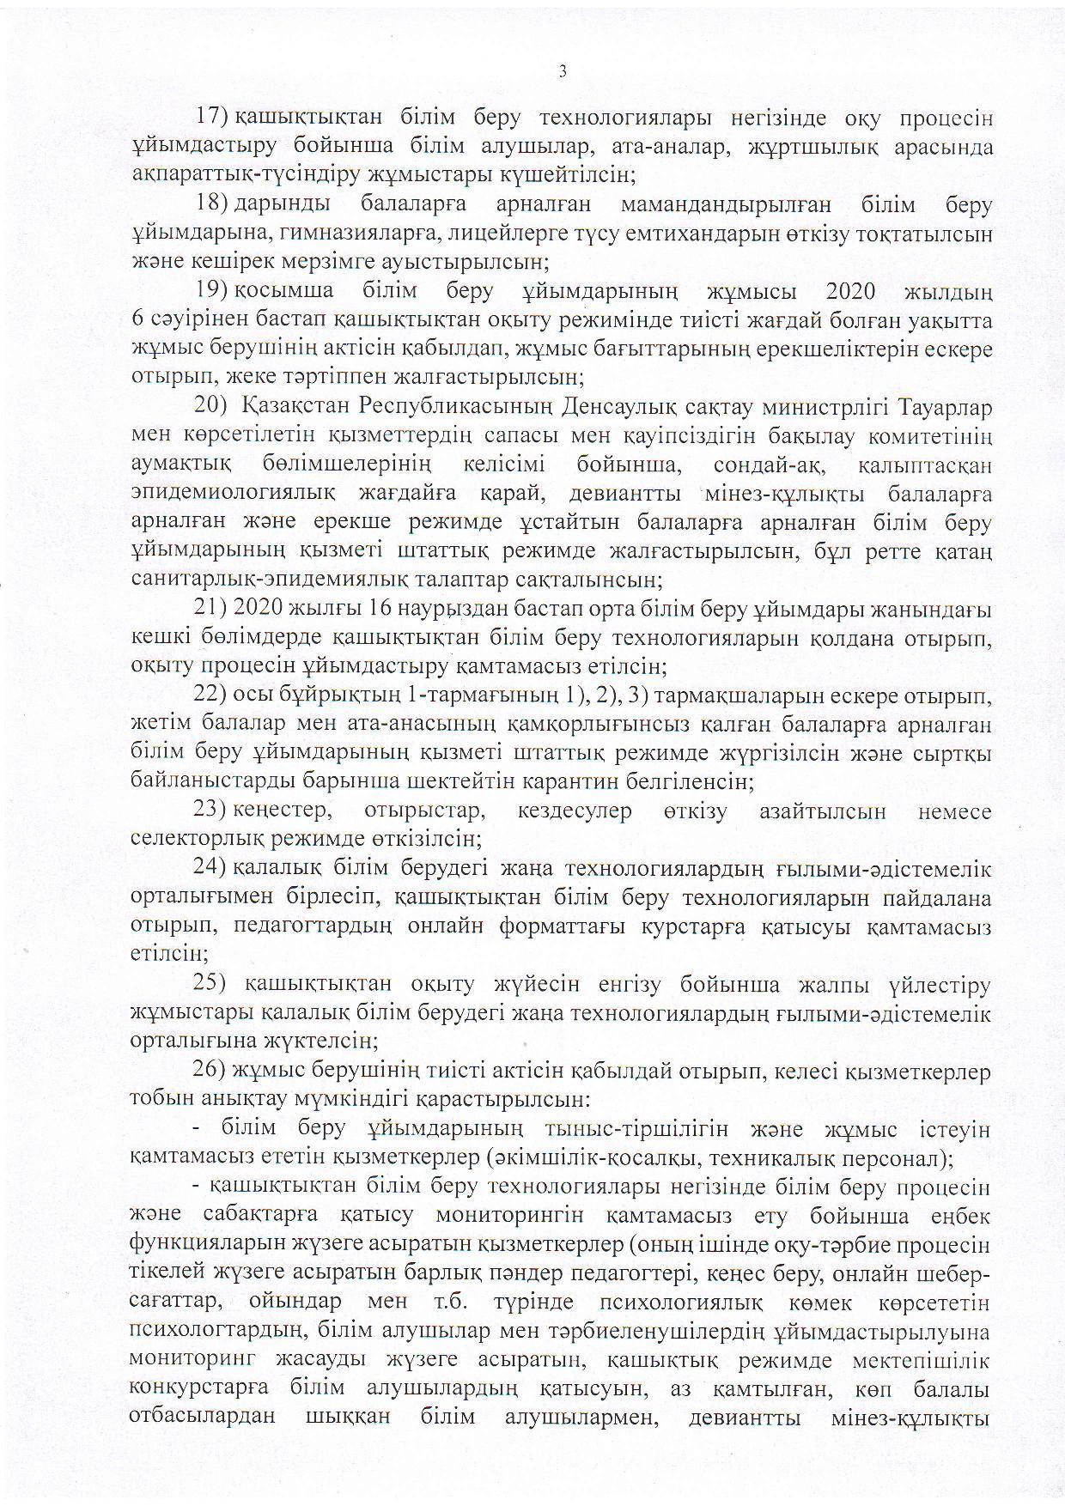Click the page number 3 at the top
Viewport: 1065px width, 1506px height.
point(562,72)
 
